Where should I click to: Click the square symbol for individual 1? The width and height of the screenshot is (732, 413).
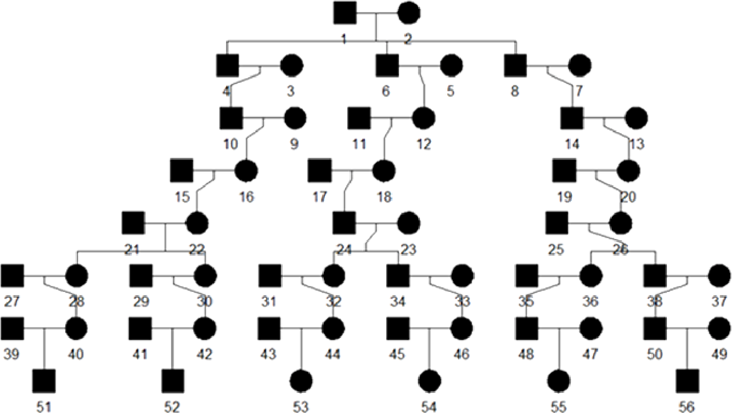[x=345, y=13]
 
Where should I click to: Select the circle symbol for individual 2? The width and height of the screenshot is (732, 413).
[x=408, y=13]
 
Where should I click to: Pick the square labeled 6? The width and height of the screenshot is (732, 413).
[x=387, y=66]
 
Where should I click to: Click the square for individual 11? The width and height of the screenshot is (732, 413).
[x=359, y=118]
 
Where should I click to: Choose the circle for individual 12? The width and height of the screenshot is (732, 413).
[x=423, y=118]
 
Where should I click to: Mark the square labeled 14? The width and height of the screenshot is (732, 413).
[x=572, y=118]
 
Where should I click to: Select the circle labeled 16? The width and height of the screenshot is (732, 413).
[x=246, y=171]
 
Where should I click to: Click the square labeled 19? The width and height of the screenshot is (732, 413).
[x=564, y=171]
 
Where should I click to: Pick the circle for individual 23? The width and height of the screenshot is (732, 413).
[x=408, y=223]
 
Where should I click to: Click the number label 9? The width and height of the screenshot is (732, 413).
[x=294, y=144]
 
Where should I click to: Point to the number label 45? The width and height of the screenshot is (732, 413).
[x=397, y=354]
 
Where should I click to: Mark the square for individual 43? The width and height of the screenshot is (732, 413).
[x=269, y=329]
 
